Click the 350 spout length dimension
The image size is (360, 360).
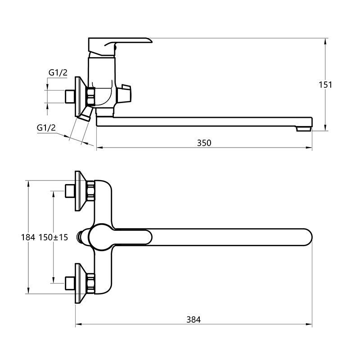click(x=204, y=143)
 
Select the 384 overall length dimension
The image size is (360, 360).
click(x=193, y=319)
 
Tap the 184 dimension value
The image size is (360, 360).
click(x=28, y=237)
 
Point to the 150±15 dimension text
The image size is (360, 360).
click(x=53, y=237)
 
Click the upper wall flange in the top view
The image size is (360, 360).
click(x=81, y=190)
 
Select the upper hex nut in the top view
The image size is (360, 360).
click(x=91, y=190)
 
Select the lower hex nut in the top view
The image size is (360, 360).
click(x=91, y=283)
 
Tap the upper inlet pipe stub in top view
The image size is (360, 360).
click(x=70, y=190)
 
